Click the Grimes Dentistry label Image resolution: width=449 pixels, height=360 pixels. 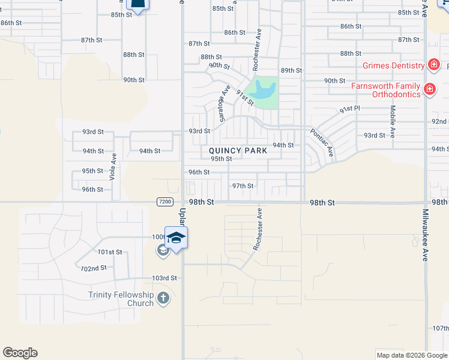[x=391, y=65]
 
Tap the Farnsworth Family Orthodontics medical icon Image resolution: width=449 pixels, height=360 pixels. [x=429, y=90]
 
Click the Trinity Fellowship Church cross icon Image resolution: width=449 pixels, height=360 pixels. [x=163, y=298]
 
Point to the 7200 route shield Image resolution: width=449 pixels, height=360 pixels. [x=166, y=202]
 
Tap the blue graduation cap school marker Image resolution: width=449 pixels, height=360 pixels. [x=176, y=238]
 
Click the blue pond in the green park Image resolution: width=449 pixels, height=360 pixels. [x=264, y=91]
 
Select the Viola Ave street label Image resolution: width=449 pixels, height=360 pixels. [x=112, y=166]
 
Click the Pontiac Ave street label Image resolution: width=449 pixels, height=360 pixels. [x=321, y=142]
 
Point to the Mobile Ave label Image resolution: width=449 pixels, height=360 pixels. [x=393, y=122]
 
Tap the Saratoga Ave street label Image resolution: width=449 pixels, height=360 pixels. [x=223, y=102]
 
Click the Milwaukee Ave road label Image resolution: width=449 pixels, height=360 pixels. [x=424, y=235]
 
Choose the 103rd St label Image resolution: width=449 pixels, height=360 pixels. [x=164, y=278]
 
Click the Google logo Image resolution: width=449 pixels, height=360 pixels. [x=20, y=353]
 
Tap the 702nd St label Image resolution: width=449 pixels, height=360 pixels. [x=94, y=268]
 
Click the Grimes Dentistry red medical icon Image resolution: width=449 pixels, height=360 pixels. [x=433, y=65]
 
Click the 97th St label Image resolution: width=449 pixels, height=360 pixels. [x=243, y=186]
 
